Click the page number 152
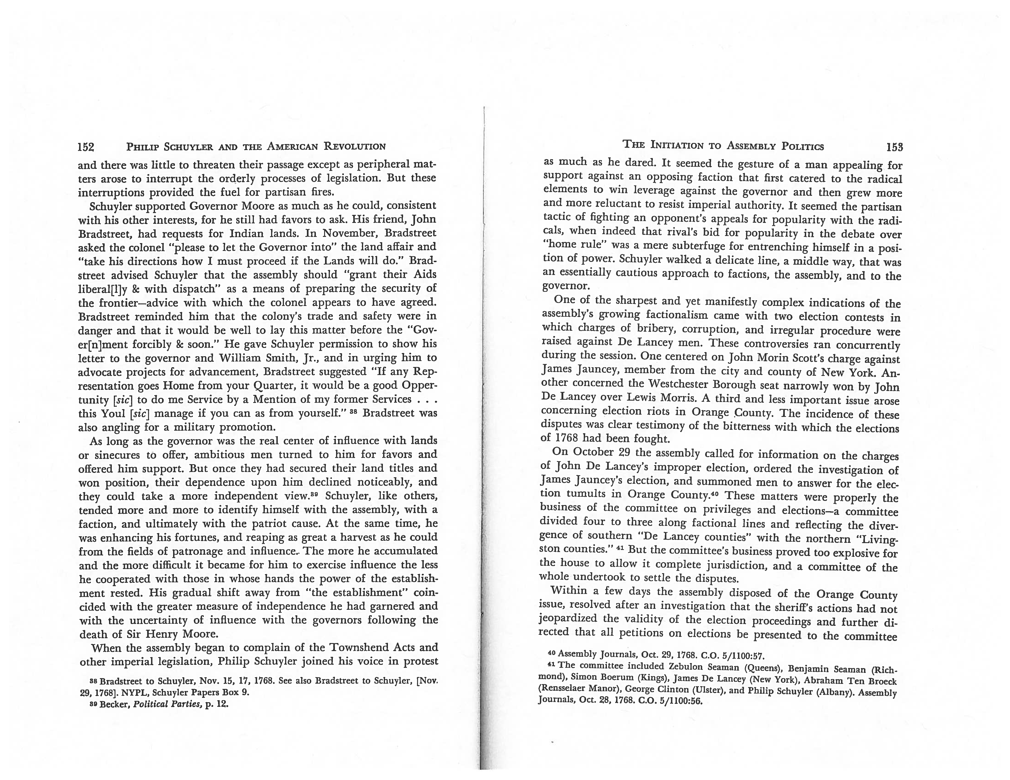[86, 147]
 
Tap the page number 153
[894, 147]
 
